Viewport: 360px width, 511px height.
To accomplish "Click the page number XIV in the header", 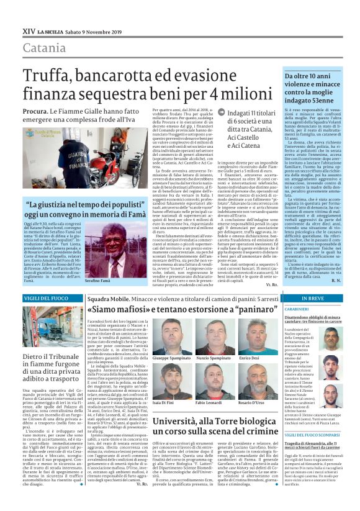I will [29, 30].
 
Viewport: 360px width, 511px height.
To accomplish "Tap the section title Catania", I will [45, 48].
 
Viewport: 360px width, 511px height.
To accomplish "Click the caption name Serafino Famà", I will [101, 281].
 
